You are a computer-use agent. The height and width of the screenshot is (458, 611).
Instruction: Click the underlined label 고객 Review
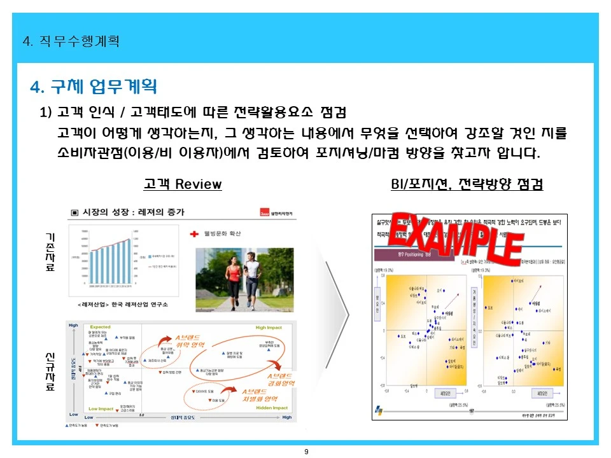(183, 184)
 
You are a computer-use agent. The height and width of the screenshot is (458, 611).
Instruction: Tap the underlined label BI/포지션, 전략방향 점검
(467, 184)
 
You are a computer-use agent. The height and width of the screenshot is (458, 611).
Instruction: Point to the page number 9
(306, 452)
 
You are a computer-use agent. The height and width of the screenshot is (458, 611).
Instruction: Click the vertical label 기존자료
(50, 252)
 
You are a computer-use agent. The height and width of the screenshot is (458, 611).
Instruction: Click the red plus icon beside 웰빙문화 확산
(195, 234)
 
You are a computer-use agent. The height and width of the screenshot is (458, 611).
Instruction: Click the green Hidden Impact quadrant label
(272, 408)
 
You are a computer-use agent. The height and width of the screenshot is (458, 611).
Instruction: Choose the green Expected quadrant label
(101, 327)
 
